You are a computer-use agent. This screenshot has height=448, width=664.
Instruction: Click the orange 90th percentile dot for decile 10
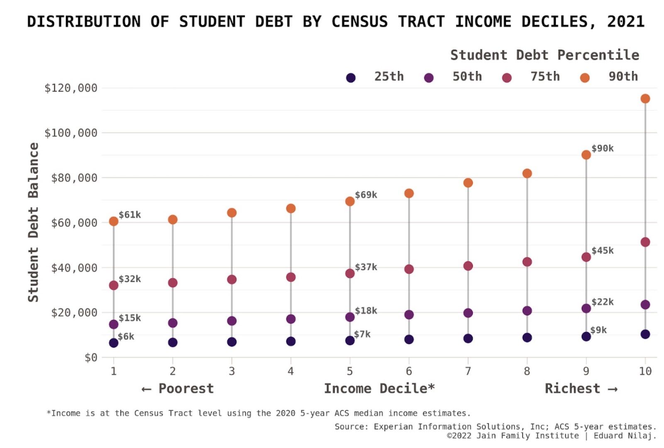(645, 98)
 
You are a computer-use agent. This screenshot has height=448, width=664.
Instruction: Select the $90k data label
(603, 148)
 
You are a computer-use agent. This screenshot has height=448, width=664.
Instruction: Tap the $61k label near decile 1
(130, 215)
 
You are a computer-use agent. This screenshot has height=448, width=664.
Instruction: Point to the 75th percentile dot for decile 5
(350, 273)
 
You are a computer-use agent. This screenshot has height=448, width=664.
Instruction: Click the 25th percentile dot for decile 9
(586, 336)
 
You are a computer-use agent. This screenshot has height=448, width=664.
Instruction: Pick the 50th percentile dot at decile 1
(114, 324)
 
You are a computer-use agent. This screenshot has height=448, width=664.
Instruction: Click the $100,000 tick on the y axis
(71, 133)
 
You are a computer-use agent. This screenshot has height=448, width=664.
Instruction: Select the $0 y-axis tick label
(91, 357)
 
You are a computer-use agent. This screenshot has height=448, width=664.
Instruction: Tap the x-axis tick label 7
(468, 371)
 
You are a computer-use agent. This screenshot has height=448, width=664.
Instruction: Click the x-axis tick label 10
(645, 371)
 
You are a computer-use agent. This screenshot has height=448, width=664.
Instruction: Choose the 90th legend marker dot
(585, 78)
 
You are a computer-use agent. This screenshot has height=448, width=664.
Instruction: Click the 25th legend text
(389, 76)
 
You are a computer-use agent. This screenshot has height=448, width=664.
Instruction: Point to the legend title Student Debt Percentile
(544, 55)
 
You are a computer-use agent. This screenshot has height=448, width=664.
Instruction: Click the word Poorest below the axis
(186, 389)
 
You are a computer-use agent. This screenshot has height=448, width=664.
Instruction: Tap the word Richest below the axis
(572, 389)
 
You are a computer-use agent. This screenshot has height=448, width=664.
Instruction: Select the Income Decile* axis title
(379, 389)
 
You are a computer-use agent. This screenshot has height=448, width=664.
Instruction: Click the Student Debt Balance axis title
(33, 222)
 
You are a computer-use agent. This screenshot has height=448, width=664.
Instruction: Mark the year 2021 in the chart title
(626, 22)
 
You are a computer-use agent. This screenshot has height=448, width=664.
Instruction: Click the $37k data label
(366, 267)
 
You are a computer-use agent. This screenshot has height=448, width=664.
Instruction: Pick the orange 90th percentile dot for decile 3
(232, 213)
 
